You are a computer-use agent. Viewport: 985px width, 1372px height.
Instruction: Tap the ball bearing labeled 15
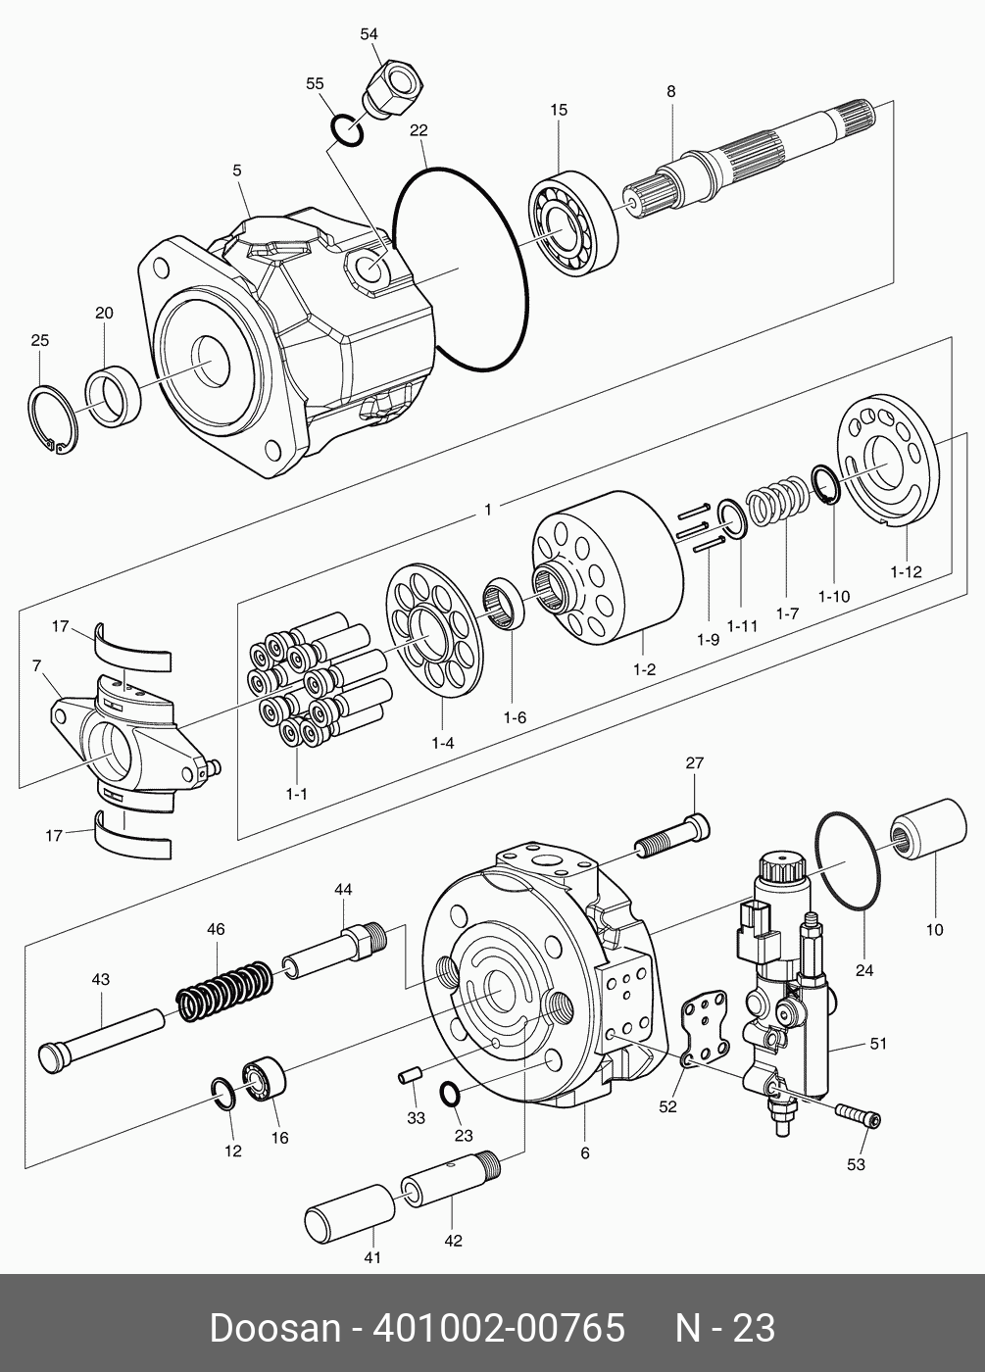pos(573,222)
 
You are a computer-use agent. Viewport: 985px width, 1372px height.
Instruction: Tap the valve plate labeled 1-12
pos(889,458)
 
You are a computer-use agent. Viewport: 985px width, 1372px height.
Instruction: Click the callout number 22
pos(419,130)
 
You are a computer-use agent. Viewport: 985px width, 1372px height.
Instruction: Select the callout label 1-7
pos(786,613)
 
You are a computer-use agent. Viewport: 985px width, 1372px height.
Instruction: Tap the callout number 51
pos(878,1044)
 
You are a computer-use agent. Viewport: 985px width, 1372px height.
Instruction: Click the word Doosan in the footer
pos(271,1329)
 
